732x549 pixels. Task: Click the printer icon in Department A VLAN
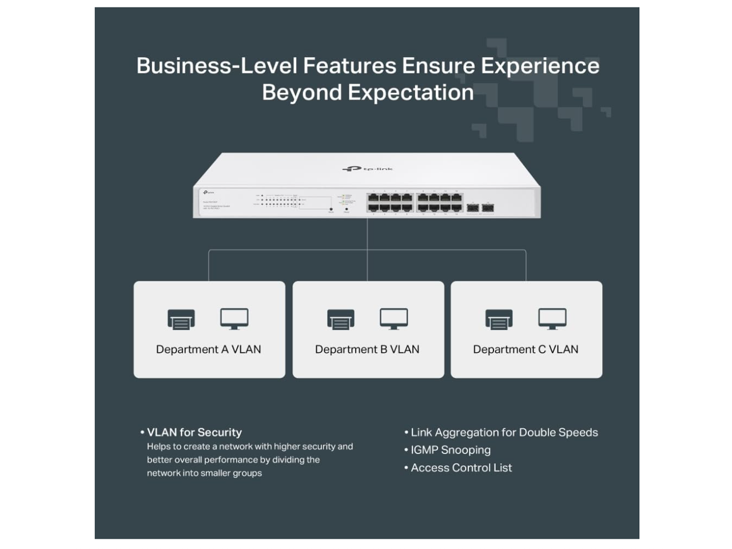[181, 319]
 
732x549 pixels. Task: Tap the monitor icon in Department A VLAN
[234, 319]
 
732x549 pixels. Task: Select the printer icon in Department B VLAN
[341, 319]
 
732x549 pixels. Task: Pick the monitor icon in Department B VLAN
[394, 319]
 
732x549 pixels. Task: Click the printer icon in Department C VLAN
[499, 319]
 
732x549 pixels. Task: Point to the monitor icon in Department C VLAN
[552, 319]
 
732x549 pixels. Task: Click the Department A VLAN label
[209, 349]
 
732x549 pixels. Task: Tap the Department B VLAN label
[367, 349]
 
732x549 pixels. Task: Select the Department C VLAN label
[526, 349]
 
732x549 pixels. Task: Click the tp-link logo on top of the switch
[367, 169]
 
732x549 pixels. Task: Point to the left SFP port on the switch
[472, 208]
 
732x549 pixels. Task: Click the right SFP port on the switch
[488, 208]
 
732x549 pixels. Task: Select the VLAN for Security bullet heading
[194, 432]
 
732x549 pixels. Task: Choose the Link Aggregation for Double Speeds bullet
[504, 432]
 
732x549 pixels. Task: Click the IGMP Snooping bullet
[451, 450]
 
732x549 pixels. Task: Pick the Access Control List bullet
[461, 468]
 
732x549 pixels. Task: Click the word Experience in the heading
[540, 66]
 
